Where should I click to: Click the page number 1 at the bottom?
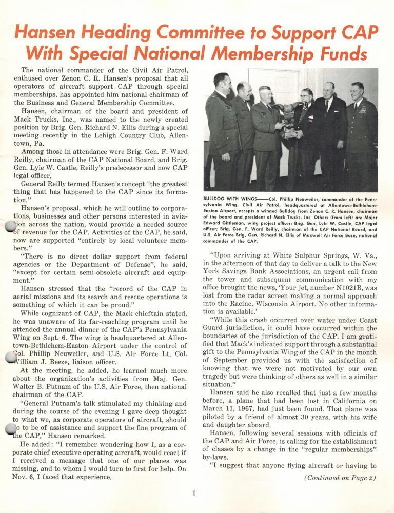point(194,494)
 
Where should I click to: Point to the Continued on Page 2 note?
point(340,478)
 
